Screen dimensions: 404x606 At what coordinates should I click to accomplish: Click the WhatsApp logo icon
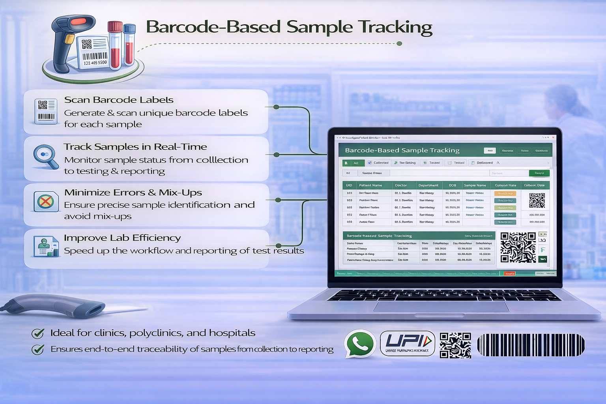pos(359,343)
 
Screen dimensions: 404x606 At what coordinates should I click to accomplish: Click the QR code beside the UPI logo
pos(455,345)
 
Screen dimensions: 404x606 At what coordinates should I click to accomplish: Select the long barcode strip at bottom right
pos(531,345)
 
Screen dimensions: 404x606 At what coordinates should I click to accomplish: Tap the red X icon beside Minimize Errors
pos(45,202)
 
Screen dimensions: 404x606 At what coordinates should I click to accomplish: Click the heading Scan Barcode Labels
pos(119,100)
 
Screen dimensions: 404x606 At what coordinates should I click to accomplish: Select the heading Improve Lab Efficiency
pos(122,238)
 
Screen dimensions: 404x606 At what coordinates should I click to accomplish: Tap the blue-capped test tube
pos(129,44)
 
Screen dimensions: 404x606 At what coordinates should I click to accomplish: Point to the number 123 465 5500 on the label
pos(95,63)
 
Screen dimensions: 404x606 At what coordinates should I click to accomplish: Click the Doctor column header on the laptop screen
pos(401,185)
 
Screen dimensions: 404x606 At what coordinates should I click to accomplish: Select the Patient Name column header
pos(370,185)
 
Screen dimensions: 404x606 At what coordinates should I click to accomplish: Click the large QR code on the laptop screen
pos(518,247)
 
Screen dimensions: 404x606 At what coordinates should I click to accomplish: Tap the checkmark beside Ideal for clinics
pos(38,333)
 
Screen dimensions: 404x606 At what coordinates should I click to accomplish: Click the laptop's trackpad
pos(441,306)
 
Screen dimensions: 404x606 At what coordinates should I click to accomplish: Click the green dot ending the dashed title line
pos(399,43)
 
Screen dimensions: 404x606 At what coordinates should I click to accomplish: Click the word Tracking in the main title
pos(396,27)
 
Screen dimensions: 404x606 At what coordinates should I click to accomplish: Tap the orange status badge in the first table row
pos(505,193)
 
